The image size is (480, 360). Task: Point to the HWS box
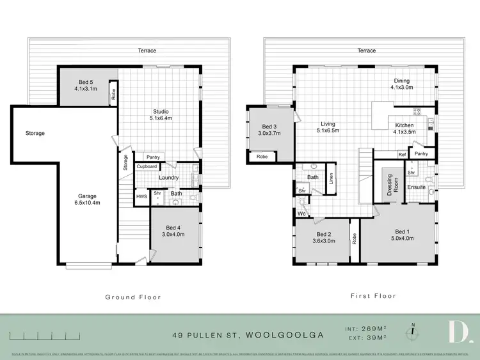(141, 197)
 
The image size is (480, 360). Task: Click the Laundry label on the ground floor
(168, 178)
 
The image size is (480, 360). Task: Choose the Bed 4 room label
(175, 231)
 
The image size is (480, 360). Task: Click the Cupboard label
(147, 166)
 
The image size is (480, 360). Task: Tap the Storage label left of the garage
(35, 134)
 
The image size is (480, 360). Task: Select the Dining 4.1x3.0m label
(402, 84)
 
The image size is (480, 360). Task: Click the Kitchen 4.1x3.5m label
(405, 129)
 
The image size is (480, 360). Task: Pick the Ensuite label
(417, 187)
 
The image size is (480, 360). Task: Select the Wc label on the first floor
(301, 214)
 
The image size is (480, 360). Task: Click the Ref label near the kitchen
(402, 154)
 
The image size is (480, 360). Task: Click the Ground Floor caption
(133, 297)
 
